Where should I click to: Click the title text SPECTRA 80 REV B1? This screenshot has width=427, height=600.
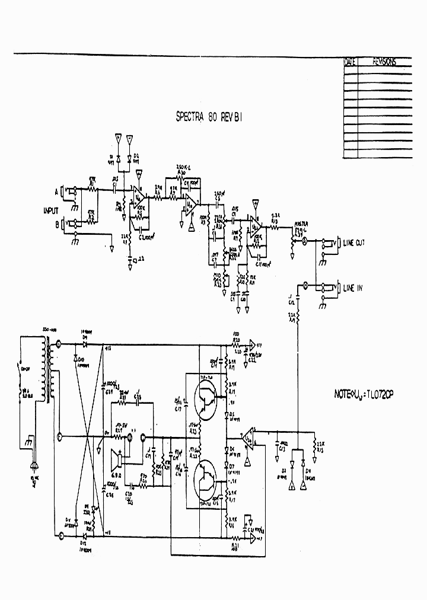[x=209, y=117]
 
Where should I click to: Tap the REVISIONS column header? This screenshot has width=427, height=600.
[x=384, y=62]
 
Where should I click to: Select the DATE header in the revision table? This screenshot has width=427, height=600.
[x=350, y=62]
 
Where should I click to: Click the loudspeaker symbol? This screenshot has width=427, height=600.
[x=117, y=459]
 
